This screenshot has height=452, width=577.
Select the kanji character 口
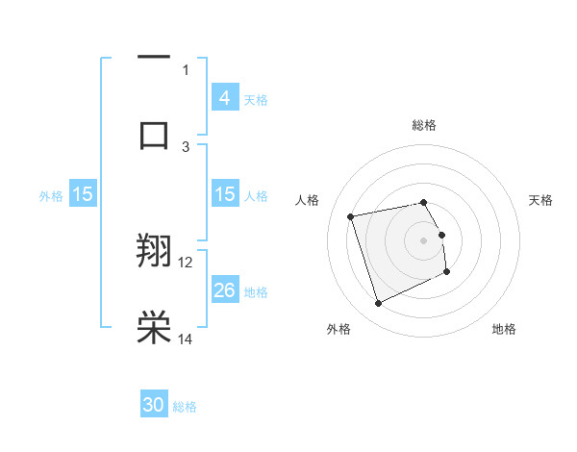coord(154,135)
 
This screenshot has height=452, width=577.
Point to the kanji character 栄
coord(154,327)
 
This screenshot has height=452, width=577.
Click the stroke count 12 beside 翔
coord(186,262)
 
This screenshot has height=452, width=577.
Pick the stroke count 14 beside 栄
coord(186,339)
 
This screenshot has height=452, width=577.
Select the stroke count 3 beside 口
coord(186,145)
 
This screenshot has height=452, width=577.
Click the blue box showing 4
coord(224,97)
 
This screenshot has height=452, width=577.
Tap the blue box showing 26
coord(224,290)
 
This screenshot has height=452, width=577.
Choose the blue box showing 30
coord(154,405)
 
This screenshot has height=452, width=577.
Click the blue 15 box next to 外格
coord(83,194)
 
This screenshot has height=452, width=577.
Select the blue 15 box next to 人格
coord(224,194)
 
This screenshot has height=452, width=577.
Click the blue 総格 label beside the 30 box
coord(185,407)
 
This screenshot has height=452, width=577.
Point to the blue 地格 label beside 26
coord(256,292)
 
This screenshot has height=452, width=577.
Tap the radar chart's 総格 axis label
coord(424,125)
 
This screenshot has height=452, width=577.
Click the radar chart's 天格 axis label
coord(540,200)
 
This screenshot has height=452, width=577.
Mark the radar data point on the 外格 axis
coord(378,304)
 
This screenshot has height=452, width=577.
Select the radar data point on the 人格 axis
coord(351,215)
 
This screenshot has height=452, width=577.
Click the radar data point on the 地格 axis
coord(447,272)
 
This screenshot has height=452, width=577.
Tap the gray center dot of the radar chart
coord(424,240)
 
